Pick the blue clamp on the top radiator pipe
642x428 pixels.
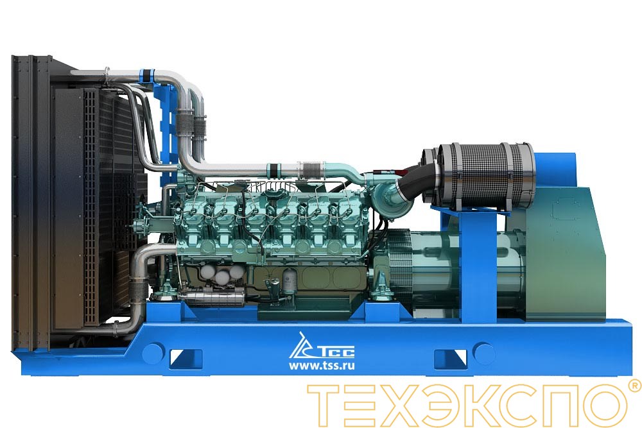[152, 74]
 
